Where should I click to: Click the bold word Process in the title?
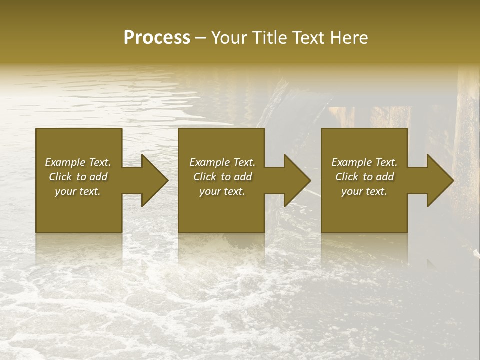point(157,38)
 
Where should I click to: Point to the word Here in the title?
point(350,38)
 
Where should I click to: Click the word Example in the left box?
point(65,162)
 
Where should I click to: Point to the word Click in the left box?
point(61,177)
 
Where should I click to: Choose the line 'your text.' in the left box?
point(78,191)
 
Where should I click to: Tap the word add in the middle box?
point(243,177)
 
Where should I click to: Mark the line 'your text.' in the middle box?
point(222,191)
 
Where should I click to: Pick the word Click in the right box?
point(347,177)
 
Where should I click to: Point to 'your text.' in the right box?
point(364,191)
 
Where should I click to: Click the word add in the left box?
point(99,177)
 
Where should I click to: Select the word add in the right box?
point(385,177)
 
